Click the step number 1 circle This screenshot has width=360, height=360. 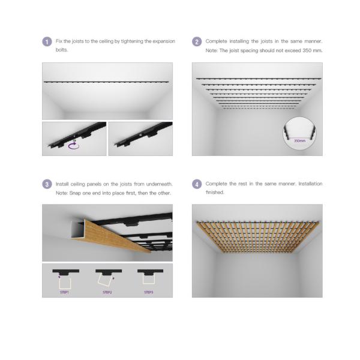point(47,42)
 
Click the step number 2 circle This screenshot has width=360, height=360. point(197,42)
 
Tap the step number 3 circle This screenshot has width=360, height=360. point(47,184)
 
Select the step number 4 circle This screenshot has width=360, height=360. point(197,184)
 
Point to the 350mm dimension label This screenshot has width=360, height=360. point(299,141)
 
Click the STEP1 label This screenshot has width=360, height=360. point(64,292)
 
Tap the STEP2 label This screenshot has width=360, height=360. point(107,292)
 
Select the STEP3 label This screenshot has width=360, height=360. point(149,292)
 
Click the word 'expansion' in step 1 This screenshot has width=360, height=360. point(164,41)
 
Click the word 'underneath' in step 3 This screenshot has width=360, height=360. point(159,184)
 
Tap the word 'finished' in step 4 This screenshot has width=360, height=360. point(215,193)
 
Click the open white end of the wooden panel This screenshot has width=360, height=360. point(77,230)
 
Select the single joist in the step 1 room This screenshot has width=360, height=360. point(106,82)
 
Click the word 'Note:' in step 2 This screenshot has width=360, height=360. point(211,50)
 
